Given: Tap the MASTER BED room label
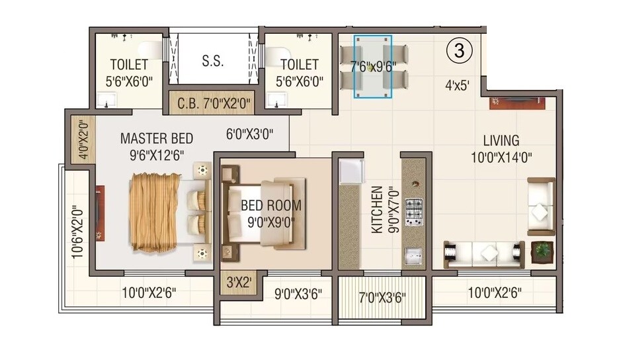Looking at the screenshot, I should click(157, 139).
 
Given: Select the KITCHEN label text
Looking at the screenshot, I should click(376, 210).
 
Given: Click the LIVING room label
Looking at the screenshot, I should click(501, 141).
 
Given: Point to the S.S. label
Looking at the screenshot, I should click(212, 61).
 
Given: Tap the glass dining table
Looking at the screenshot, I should click(372, 66).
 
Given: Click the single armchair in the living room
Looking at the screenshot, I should click(540, 206).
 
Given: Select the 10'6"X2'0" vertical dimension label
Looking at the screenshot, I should click(77, 231).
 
